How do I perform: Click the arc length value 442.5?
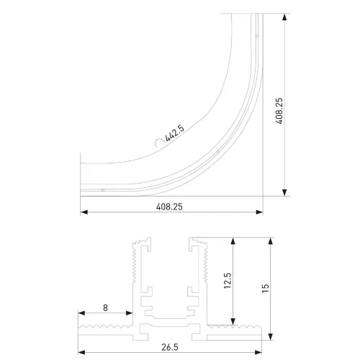click(x=175, y=133)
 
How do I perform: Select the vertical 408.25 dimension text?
click(x=279, y=111)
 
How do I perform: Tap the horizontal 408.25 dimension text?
click(x=169, y=207)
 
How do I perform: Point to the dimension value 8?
click(x=105, y=307)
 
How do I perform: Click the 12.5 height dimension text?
click(x=228, y=280)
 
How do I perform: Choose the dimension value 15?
click(x=265, y=288)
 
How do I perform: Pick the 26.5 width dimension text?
click(x=170, y=347)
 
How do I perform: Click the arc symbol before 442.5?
click(x=159, y=143)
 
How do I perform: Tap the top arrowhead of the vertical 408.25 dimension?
click(x=284, y=17)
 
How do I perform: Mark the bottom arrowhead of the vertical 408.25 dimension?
click(x=284, y=192)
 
